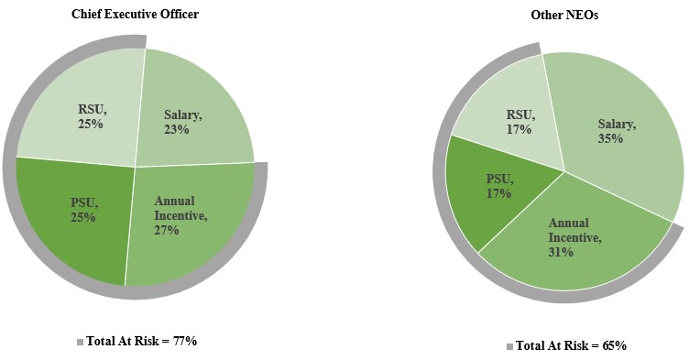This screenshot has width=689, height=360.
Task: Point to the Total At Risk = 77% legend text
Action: click(142, 341)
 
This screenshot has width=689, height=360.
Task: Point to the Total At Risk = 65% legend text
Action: click(571, 345)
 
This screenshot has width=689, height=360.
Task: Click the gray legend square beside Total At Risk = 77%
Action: click(81, 342)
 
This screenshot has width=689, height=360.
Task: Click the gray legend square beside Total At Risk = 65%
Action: click(509, 346)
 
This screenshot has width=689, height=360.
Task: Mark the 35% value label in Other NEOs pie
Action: click(611, 138)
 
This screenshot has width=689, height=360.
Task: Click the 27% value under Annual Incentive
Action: click(167, 230)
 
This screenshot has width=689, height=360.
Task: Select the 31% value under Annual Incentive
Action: click(562, 251)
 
